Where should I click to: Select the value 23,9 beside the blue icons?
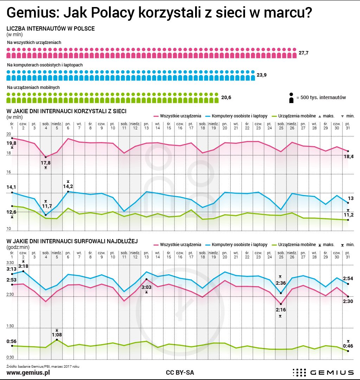[261, 75]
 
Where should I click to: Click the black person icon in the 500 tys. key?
[291, 98]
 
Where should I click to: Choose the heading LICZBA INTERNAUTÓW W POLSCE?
[51, 29]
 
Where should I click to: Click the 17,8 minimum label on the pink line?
[46, 162]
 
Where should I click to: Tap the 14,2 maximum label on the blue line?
[68, 186]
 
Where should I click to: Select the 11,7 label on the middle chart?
[47, 206]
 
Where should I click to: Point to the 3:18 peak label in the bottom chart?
[24, 266]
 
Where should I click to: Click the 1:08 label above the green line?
[57, 335]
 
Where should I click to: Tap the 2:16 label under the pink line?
[281, 310]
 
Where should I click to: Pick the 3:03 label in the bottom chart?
[147, 287]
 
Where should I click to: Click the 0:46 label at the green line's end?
[348, 346]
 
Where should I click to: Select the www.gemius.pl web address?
[28, 372]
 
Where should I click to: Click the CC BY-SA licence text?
[180, 372]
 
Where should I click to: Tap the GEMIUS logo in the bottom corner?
[323, 372]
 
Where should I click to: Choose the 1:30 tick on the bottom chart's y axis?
[10, 326]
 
